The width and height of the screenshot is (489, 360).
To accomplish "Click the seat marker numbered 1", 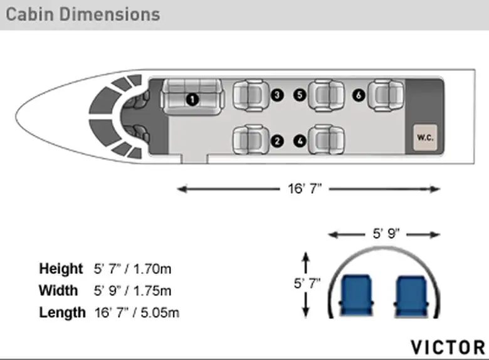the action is tap(192, 100).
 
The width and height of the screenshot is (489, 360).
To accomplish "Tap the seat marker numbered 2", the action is tap(277, 141).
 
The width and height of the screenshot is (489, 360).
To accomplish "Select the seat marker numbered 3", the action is tap(277, 95).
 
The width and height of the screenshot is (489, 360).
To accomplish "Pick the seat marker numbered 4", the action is tap(300, 141).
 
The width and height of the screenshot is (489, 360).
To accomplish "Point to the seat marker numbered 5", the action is tap(300, 95).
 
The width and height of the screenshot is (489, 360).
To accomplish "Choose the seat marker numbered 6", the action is tap(359, 95).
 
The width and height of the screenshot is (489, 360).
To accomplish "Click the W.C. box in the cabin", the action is tap(425, 137).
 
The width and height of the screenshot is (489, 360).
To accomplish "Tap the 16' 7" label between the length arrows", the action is tap(304, 189).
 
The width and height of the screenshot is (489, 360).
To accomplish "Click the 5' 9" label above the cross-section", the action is tap(386, 233).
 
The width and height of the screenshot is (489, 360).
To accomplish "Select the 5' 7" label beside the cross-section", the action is tap(307, 283).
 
